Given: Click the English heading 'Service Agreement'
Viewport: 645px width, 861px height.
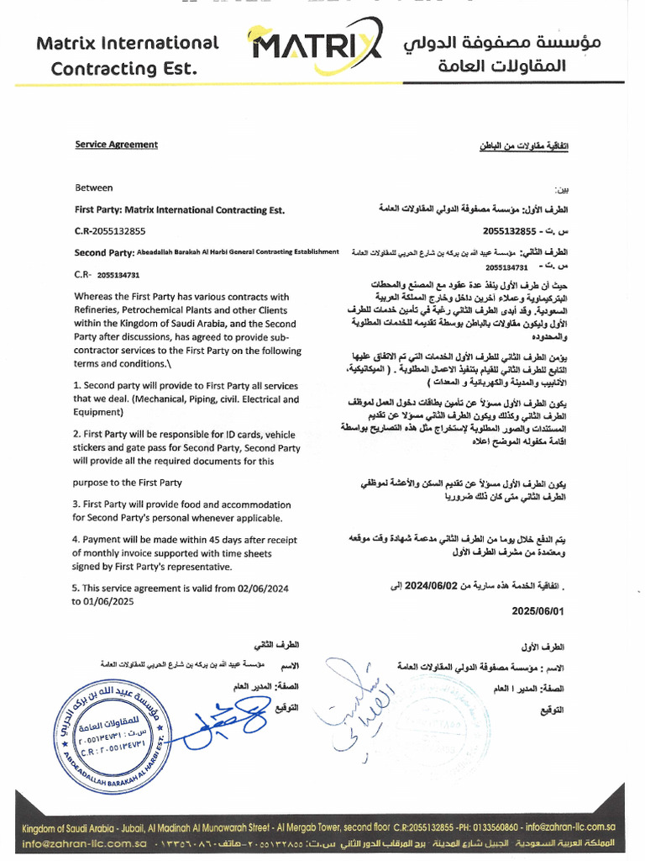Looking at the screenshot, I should click(116, 145).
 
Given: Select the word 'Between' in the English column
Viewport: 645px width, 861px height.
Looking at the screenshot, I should click(93, 188).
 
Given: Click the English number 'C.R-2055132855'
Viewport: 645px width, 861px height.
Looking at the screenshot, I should click(110, 230).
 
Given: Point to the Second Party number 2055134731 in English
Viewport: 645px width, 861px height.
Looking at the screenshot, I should click(118, 274).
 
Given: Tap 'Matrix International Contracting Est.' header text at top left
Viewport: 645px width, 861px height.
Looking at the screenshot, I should click(128, 55).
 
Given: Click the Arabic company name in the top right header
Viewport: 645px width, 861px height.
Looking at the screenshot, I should click(485, 53).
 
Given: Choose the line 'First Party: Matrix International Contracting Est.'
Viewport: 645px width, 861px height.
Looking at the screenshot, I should click(179, 210).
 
